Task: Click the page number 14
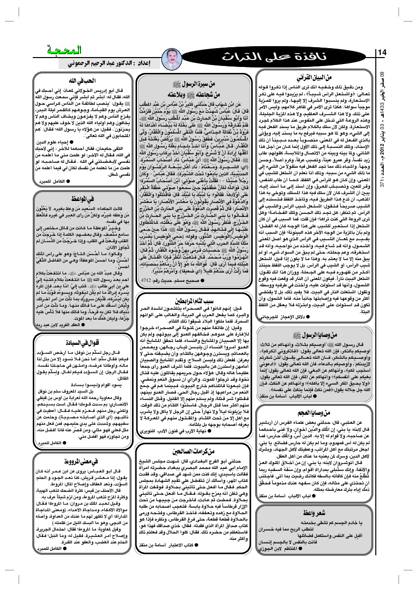tap(382, 53)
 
